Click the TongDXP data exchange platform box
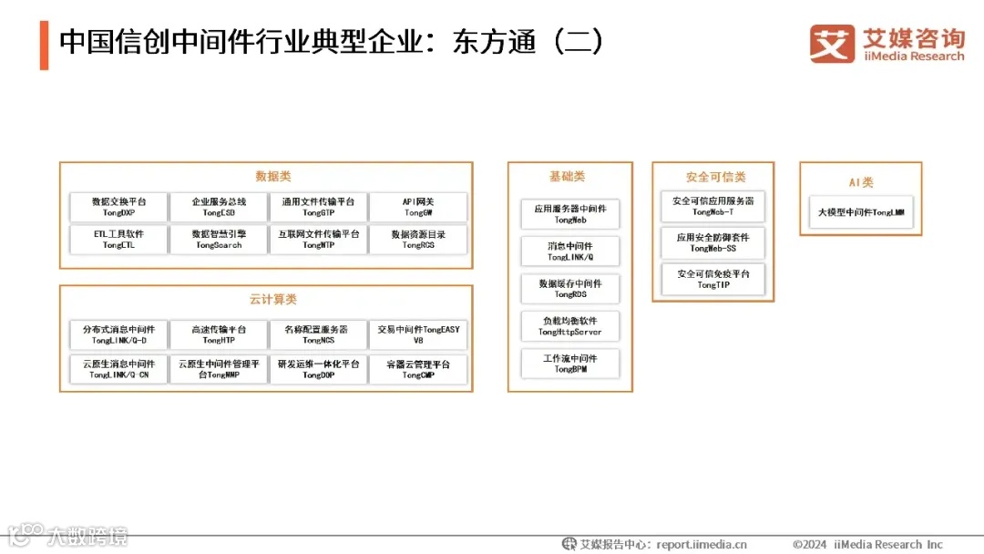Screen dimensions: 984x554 click(118, 207)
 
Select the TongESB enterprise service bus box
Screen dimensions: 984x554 click(219, 207)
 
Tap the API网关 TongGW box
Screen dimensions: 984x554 click(418, 207)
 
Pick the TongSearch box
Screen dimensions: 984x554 click(219, 240)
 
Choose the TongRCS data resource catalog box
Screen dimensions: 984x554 click(418, 240)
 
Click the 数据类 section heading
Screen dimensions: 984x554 click(272, 177)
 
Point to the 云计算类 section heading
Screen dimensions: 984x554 click(272, 300)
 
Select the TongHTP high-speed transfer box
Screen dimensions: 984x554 click(219, 334)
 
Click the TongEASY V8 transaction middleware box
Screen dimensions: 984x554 click(418, 334)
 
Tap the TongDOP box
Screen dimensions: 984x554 click(319, 369)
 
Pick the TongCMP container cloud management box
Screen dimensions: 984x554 click(418, 369)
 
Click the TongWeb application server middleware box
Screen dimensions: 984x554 click(570, 214)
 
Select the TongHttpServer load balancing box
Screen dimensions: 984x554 click(570, 326)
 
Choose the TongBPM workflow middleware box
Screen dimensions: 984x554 click(570, 364)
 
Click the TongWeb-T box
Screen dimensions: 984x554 click(712, 206)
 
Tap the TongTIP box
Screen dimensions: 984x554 click(712, 279)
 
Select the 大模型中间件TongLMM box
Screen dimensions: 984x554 click(861, 213)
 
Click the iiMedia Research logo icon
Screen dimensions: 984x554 click(831, 43)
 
